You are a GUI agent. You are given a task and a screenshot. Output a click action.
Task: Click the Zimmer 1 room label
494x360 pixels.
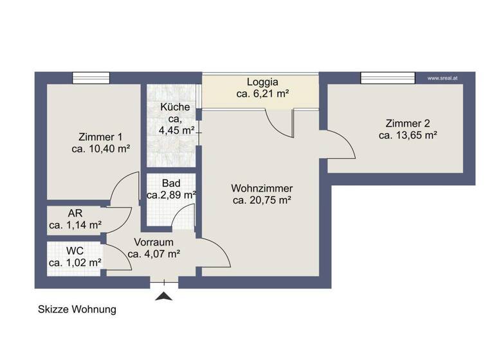(x=100, y=136)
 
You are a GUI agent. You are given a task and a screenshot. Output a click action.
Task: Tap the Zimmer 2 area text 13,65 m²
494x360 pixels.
(x=408, y=135)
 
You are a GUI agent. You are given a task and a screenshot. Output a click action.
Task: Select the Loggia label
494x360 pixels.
(x=262, y=82)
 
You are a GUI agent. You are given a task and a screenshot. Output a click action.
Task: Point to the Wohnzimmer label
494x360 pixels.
(x=262, y=188)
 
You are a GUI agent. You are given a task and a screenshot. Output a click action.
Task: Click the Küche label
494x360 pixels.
(x=175, y=107)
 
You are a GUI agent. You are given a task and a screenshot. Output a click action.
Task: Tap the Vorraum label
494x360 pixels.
(x=153, y=242)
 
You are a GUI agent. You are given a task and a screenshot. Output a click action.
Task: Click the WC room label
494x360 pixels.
(x=75, y=250)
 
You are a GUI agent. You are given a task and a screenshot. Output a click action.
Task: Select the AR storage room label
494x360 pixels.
(x=75, y=213)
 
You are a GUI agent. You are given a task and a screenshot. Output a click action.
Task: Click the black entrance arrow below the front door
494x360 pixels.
(x=165, y=297)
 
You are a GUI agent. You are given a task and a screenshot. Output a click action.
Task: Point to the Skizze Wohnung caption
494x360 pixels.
(x=77, y=309)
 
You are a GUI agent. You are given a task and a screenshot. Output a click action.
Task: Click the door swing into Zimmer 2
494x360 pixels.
(x=340, y=145)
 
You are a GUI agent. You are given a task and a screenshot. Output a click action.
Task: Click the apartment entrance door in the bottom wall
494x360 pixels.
(x=165, y=282)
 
